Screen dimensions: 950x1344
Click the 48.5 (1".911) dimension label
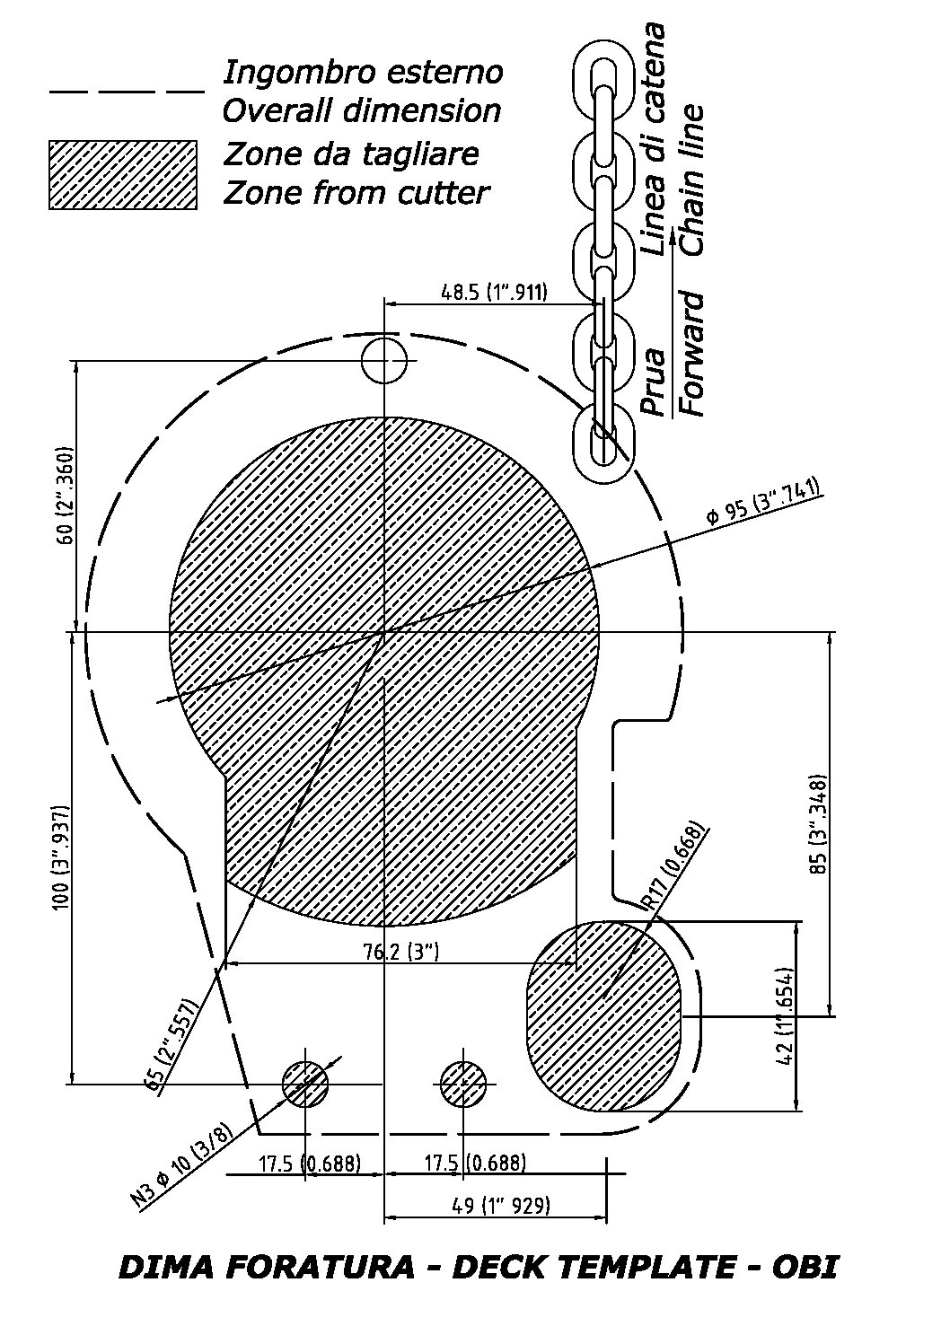coord(494,292)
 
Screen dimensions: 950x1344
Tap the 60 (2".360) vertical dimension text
coord(66,495)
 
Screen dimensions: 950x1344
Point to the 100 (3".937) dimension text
coord(61,858)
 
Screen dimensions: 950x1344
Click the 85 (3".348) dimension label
coord(818,824)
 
